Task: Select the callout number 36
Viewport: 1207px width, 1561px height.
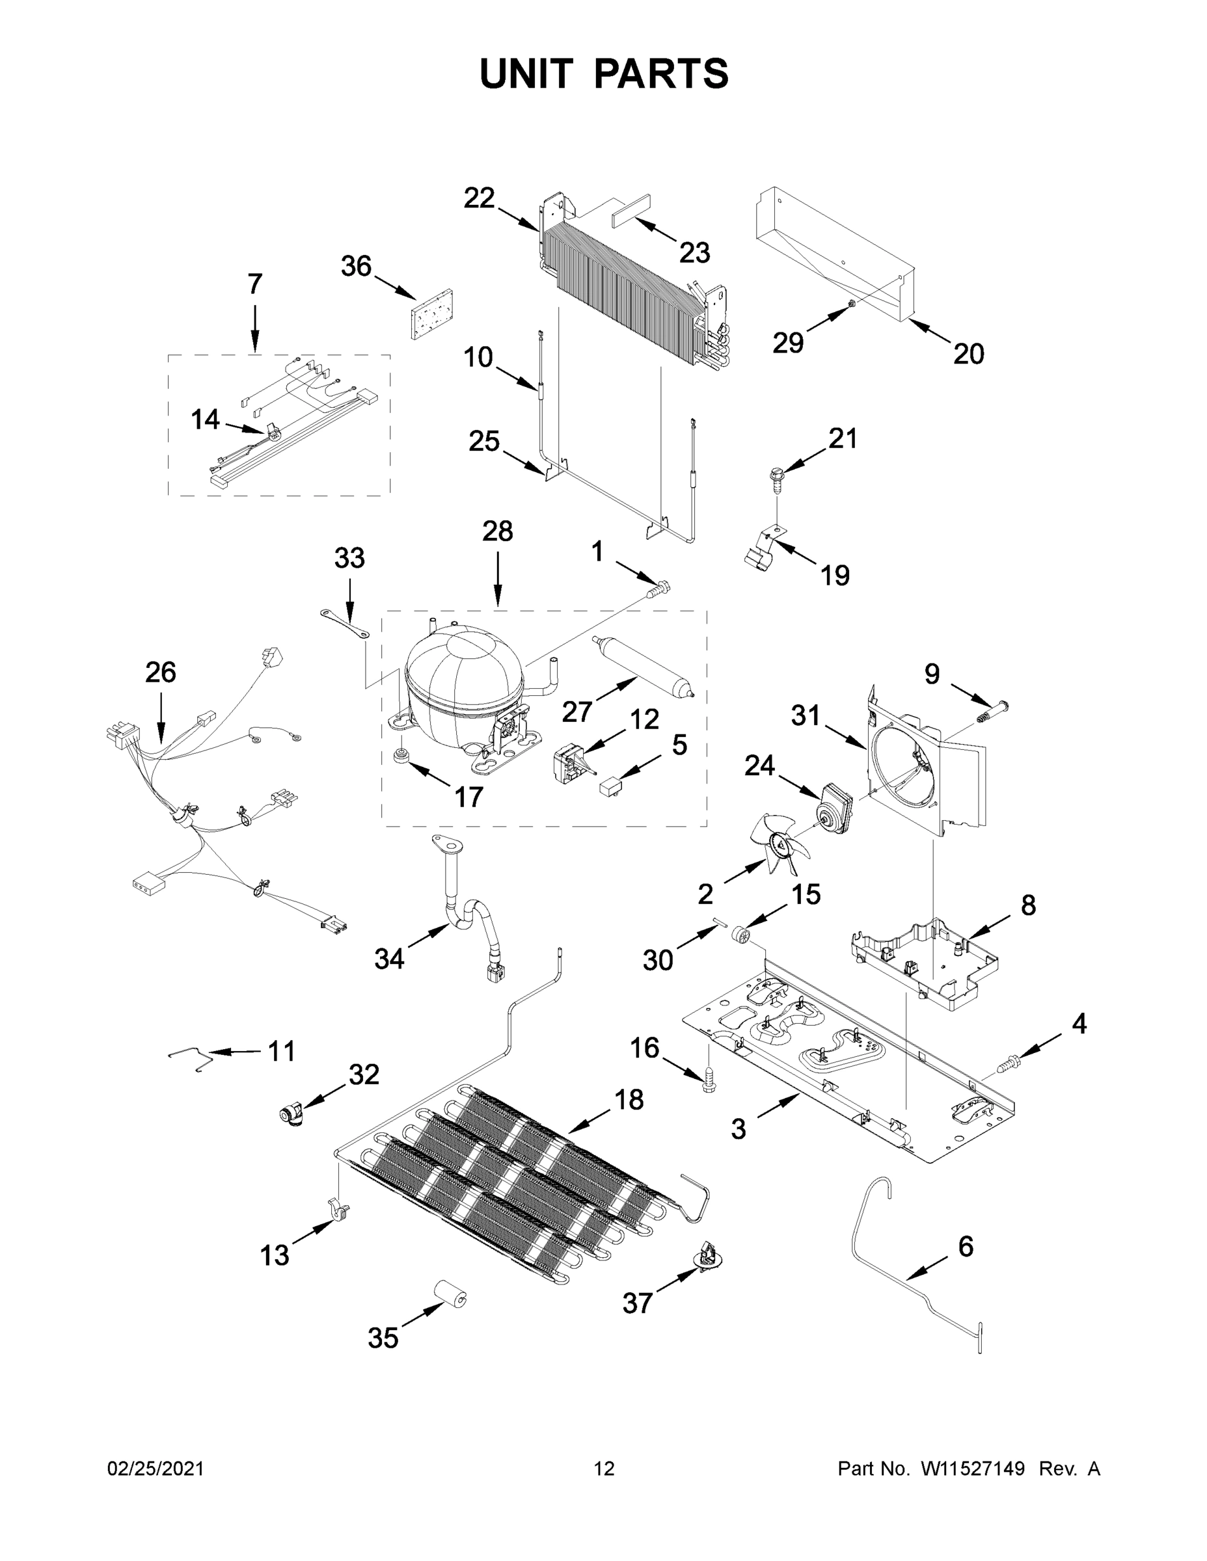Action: pos(356,267)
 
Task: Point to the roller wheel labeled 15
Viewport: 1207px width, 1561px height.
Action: pos(744,935)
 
